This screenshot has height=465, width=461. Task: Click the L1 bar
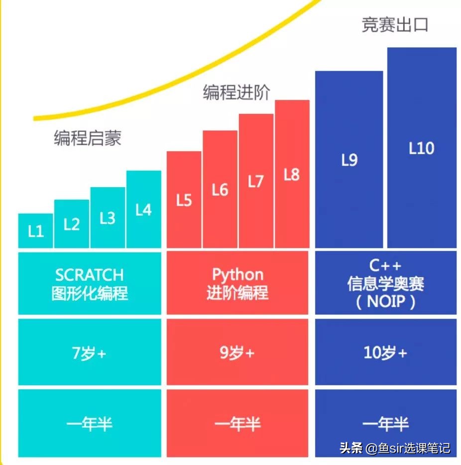[35, 231]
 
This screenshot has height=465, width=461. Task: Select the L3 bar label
[108, 218]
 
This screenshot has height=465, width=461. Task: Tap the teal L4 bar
[143, 210]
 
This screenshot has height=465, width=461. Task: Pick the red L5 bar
[184, 200]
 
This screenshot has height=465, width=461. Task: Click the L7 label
[256, 182]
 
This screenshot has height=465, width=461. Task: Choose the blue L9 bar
[349, 160]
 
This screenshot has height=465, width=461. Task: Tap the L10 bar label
[421, 148]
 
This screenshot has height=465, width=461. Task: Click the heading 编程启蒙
[87, 138]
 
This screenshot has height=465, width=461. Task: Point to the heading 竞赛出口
[395, 25]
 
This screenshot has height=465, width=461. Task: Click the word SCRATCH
[90, 275]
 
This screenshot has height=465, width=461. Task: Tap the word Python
[238, 274]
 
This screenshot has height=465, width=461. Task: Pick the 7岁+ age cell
[90, 353]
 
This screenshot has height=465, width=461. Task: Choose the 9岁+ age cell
[238, 353]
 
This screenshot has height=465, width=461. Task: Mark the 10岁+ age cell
[386, 353]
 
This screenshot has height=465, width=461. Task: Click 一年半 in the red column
[238, 424]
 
